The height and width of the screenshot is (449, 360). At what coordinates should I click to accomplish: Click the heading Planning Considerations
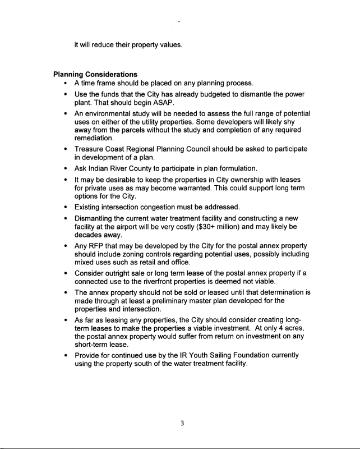96,74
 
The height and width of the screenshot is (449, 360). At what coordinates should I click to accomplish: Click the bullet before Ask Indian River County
67,169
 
